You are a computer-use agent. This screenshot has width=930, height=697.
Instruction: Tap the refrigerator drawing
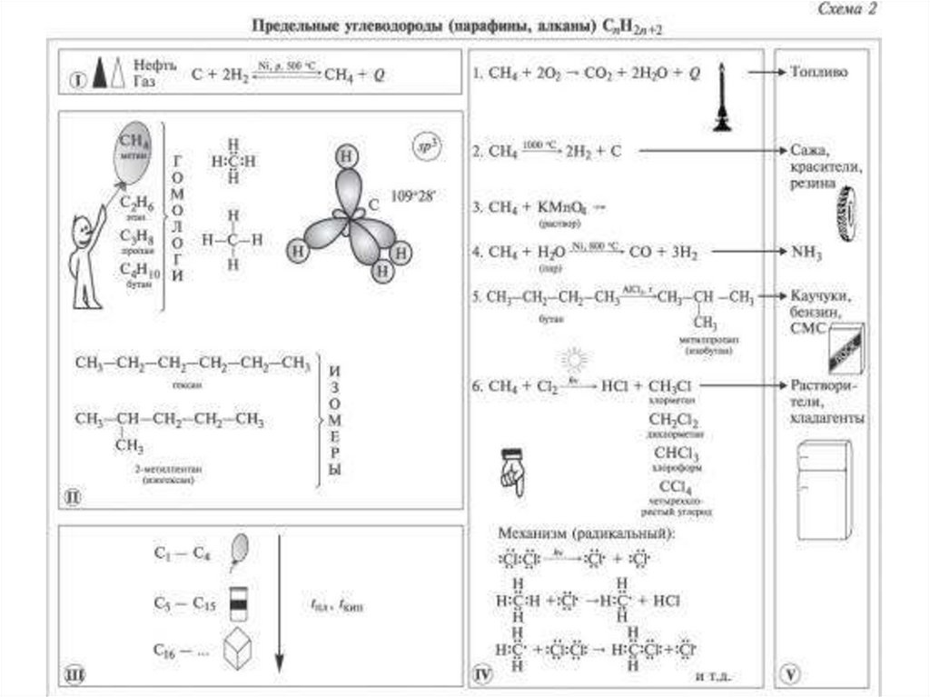tap(824, 491)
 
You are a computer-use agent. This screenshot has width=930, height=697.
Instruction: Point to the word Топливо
tap(819, 71)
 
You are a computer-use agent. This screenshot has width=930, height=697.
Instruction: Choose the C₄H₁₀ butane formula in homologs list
tap(139, 271)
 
